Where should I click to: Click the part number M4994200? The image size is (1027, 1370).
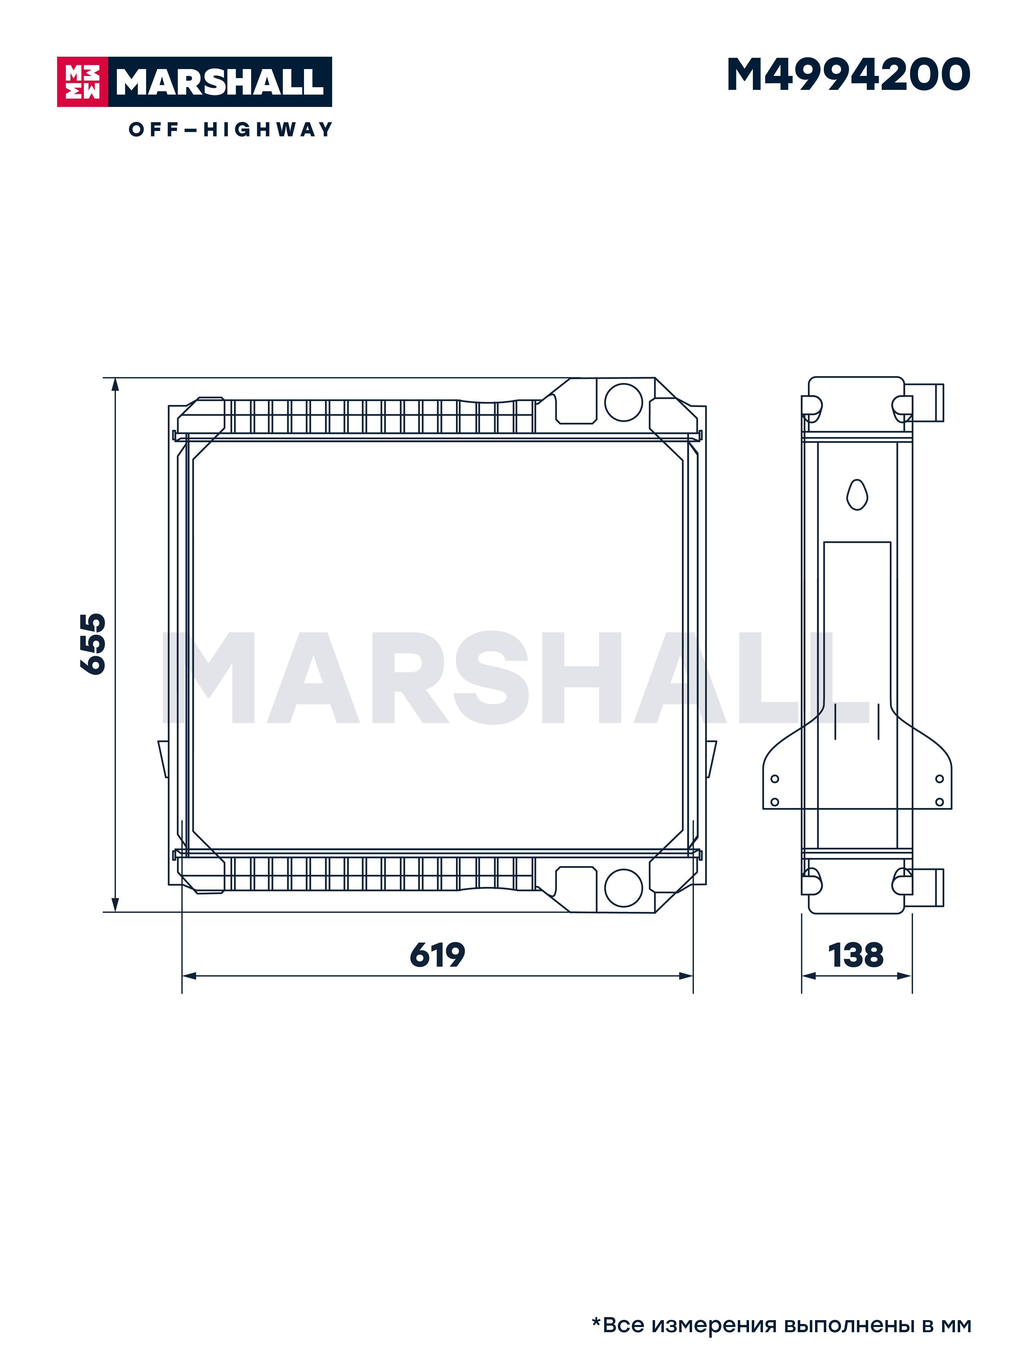(848, 75)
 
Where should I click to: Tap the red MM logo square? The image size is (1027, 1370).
(82, 82)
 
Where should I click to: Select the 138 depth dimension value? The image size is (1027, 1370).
(856, 955)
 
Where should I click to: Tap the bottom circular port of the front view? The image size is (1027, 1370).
(623, 887)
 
